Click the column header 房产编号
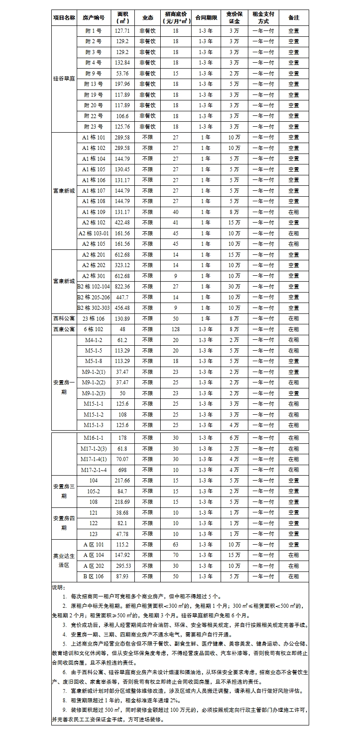click(94, 18)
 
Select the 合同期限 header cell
click(207, 18)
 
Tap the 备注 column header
click(294, 18)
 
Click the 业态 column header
click(148, 18)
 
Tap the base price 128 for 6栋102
click(176, 329)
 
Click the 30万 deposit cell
click(234, 287)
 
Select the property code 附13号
click(94, 84)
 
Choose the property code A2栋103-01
click(94, 233)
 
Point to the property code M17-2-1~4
click(94, 470)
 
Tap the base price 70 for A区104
click(176, 555)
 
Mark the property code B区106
click(94, 576)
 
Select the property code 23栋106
click(94, 318)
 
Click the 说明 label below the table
click(59, 587)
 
